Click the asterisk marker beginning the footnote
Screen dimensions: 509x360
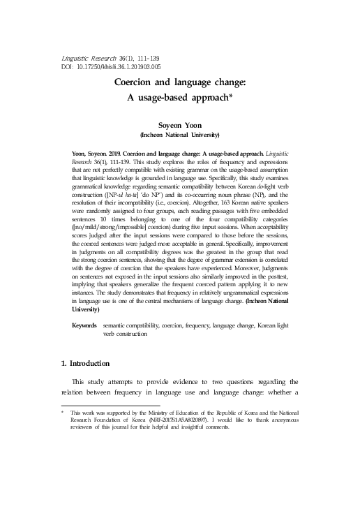pos(63,412)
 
